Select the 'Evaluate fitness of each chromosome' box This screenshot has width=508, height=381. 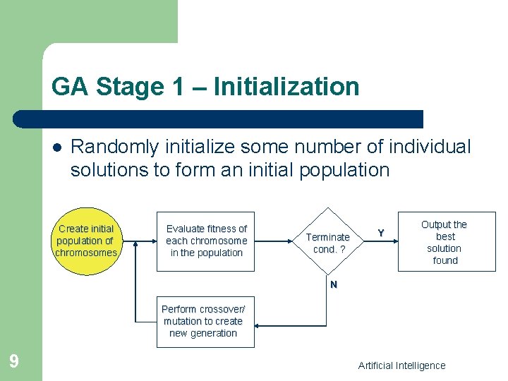[x=206, y=241]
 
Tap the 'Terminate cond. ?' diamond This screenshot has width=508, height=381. [x=327, y=243]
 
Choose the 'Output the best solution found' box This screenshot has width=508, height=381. [x=446, y=242]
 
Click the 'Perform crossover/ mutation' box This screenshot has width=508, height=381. [x=205, y=322]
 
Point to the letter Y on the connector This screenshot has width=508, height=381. [x=381, y=233]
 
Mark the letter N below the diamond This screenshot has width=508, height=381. [x=334, y=284]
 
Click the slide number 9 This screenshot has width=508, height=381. [x=14, y=362]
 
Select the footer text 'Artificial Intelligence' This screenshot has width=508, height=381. [x=401, y=365]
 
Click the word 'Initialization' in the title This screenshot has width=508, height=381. [x=286, y=87]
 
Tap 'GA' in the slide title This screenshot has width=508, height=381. [x=69, y=87]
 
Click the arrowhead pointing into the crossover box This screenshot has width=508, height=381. [x=259, y=326]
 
